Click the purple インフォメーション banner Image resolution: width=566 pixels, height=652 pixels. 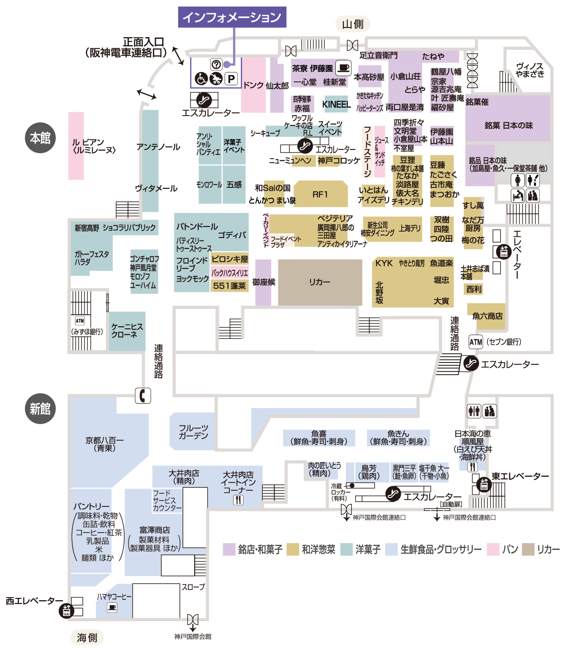[232, 17]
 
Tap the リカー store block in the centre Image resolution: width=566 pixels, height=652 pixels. [320, 282]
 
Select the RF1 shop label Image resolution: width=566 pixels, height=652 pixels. [320, 194]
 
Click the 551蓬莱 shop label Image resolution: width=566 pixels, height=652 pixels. [229, 286]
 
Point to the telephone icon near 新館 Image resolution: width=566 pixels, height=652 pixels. [143, 395]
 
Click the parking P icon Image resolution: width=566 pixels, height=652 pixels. [231, 78]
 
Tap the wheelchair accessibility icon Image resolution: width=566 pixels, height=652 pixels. [201, 78]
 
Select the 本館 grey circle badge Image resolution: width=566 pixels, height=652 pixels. [40, 138]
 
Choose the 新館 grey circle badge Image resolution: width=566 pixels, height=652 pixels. [40, 409]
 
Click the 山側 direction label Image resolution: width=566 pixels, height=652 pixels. [353, 24]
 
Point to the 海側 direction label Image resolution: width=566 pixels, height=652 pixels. [87, 637]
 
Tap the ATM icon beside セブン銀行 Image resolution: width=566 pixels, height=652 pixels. [476, 342]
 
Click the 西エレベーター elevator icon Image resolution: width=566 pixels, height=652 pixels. [66, 610]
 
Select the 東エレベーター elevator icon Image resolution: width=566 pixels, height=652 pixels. [484, 484]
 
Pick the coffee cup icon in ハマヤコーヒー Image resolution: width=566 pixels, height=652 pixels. [112, 607]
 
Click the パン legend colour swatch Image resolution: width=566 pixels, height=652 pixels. [493, 549]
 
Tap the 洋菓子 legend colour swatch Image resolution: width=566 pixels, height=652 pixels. [346, 549]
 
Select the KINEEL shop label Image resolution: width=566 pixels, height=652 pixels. [336, 104]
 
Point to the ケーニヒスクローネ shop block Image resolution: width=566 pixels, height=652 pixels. [127, 331]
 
